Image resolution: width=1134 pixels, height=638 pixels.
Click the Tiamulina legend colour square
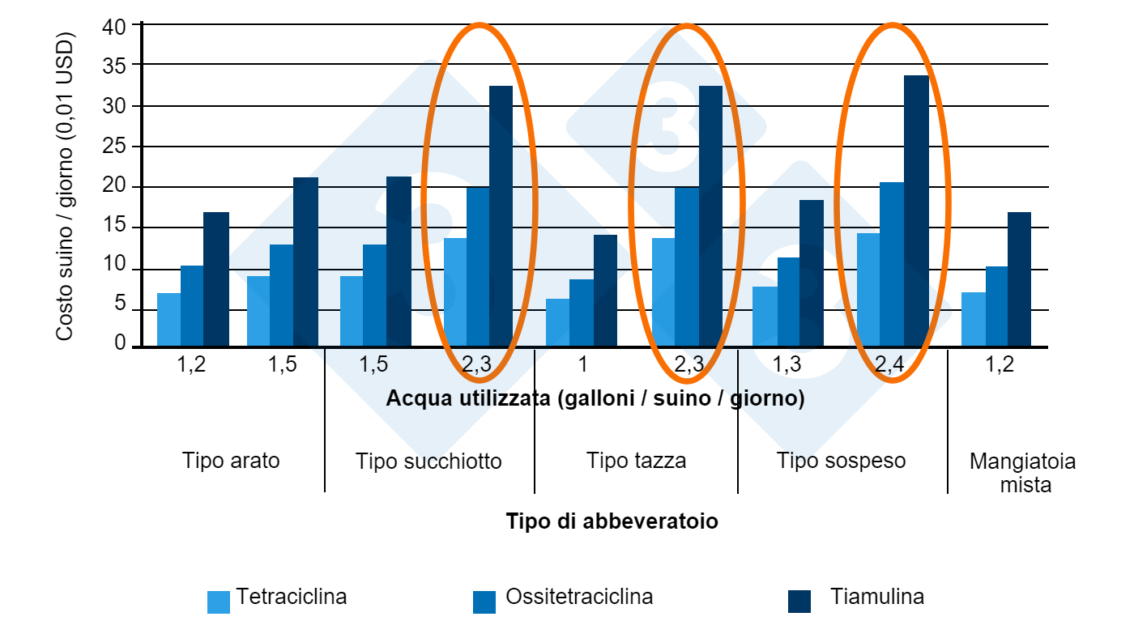(x=799, y=602)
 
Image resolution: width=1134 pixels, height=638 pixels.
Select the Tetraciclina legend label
(x=292, y=598)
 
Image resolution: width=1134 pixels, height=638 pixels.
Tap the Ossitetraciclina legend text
(x=579, y=598)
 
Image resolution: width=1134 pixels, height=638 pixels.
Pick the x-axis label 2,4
(x=890, y=365)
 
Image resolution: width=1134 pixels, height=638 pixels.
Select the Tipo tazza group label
(x=637, y=461)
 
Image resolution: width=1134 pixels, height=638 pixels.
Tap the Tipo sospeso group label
(x=842, y=461)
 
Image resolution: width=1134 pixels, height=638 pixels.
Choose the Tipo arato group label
(x=231, y=461)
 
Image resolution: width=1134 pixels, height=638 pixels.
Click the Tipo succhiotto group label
(x=428, y=461)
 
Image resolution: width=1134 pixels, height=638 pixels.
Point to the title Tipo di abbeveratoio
(x=612, y=521)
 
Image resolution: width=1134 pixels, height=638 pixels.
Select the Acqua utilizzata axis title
(x=595, y=399)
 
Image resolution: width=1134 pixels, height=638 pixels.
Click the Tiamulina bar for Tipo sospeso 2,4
(x=916, y=211)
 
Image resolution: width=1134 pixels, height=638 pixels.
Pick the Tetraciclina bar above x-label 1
(x=557, y=323)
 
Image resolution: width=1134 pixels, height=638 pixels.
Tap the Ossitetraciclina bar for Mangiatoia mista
(x=996, y=307)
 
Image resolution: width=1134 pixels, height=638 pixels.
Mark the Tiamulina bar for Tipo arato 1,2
(x=216, y=279)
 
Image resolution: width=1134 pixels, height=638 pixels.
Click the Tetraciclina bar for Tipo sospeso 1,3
(x=765, y=317)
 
